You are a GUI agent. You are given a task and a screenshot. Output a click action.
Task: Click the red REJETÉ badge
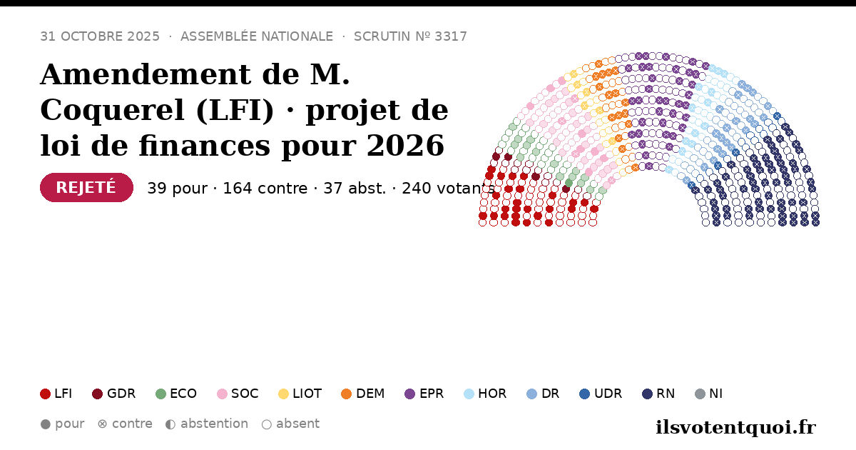86,187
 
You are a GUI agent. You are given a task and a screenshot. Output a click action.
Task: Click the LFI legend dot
45,394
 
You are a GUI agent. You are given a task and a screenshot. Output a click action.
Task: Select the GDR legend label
121,394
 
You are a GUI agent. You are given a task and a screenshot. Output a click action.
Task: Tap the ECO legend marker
161,394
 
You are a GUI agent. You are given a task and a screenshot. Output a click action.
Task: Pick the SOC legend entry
238,394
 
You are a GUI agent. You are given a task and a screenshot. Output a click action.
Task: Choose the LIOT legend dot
283,394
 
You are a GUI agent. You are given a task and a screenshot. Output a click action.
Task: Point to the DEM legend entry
362,394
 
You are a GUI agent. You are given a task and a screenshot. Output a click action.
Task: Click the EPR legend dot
409,394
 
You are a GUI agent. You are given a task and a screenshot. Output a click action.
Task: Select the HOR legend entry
485,394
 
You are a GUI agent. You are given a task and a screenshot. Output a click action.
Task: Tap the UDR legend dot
585,394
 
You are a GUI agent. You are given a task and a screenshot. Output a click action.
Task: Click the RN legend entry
658,394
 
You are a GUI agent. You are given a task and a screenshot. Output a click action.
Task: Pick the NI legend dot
700,394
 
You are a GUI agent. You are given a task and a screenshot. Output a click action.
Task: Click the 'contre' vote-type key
125,424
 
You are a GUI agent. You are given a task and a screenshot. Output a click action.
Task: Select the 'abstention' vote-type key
207,424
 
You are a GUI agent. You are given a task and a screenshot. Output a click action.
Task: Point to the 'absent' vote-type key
290,424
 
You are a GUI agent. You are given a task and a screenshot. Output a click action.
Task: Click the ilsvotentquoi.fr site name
735,427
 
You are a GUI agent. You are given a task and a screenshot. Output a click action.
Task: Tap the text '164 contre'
265,189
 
